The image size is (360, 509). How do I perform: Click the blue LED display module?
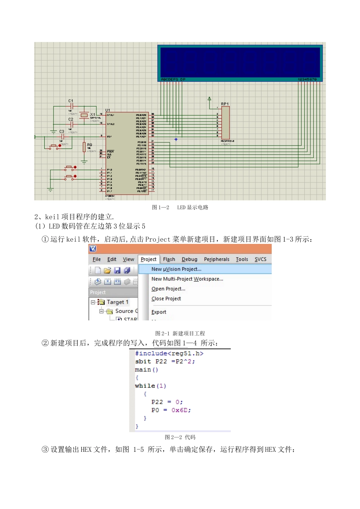(240, 62)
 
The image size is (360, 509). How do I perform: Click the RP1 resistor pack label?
(225, 104)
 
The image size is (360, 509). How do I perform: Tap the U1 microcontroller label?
(108, 110)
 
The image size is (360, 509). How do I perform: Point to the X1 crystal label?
(93, 114)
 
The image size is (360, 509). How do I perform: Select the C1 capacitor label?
(71, 101)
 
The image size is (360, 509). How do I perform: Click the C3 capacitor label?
(62, 131)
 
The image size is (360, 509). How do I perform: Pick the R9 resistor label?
(89, 145)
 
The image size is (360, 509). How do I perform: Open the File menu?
(97, 259)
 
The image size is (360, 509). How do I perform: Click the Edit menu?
(112, 259)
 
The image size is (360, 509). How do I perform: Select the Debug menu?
(189, 259)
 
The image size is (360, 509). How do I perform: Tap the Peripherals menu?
(216, 259)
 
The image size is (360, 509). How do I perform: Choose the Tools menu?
(242, 259)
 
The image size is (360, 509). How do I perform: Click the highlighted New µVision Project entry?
(176, 269)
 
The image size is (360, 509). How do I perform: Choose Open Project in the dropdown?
(168, 289)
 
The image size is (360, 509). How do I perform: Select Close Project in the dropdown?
(166, 299)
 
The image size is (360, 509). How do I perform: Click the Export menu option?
(159, 312)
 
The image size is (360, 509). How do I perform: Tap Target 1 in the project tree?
(117, 302)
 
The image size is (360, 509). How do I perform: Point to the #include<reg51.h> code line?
(169, 353)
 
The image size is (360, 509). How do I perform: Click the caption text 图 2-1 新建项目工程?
(180, 333)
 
